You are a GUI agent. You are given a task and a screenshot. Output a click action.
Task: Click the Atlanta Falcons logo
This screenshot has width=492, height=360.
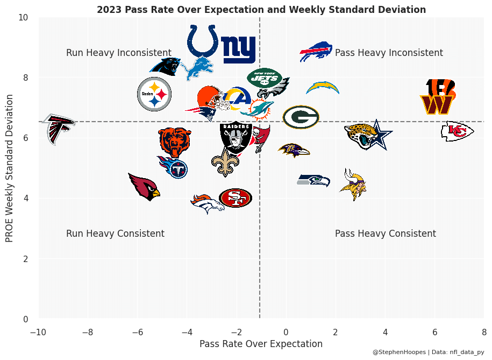58,129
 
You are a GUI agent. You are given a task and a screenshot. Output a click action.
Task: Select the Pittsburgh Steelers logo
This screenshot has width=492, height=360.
154,94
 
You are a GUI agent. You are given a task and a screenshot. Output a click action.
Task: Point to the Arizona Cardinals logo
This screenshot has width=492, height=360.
145,186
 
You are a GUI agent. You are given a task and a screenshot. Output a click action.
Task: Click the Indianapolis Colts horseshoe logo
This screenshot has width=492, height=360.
203,40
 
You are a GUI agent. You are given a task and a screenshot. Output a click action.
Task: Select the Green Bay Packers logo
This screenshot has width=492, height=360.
301,117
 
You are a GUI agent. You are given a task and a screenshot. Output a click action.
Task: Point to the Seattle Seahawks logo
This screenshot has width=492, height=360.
314,180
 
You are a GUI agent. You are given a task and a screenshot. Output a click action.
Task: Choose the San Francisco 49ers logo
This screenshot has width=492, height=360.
236,198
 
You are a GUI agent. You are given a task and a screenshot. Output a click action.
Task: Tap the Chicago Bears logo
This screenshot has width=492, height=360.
175,141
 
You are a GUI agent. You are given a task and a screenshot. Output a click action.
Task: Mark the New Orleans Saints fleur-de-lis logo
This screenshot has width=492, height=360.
225,162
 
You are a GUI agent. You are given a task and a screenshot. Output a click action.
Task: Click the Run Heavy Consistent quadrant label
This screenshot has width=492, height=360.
115,234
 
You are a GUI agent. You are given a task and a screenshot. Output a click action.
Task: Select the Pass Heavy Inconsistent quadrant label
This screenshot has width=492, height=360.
389,53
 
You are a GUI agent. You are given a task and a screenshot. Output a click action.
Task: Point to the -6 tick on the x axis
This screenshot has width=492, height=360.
138,331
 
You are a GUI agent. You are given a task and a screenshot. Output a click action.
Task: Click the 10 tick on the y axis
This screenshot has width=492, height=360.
23,18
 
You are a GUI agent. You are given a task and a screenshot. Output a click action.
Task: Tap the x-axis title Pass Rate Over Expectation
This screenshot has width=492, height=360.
261,344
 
